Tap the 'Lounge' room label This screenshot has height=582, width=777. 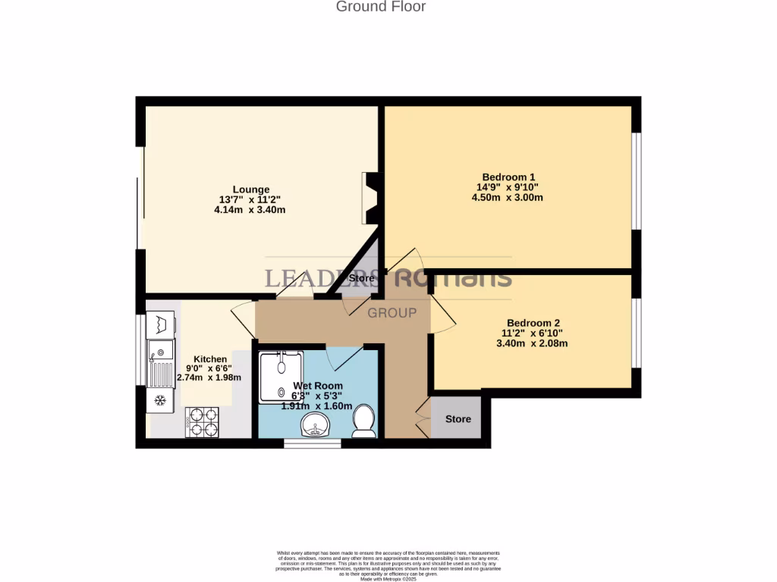click(250, 189)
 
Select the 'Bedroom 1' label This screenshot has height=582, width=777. click(507, 177)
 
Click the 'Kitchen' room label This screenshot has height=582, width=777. click(210, 359)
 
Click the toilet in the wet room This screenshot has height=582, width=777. click(365, 421)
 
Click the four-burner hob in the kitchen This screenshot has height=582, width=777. click(202, 422)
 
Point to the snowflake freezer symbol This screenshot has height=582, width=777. click(160, 400)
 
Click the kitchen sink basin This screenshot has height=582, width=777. click(160, 350)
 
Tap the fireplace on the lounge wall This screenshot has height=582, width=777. click(371, 198)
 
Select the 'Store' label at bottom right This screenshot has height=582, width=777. click(458, 419)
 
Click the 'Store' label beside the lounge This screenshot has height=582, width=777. click(362, 278)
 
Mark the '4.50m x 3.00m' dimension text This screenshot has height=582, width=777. click(507, 198)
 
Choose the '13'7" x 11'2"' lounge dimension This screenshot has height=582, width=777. click(250, 199)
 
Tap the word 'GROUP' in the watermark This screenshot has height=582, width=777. click(392, 313)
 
